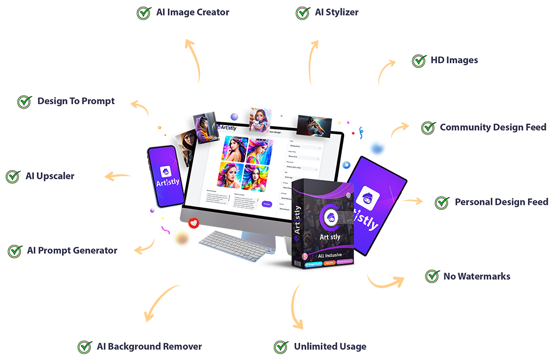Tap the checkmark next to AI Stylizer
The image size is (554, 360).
(x=302, y=13)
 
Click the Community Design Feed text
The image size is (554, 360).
(x=493, y=127)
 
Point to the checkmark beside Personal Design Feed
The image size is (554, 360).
(x=442, y=202)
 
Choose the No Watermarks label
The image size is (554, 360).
(x=476, y=276)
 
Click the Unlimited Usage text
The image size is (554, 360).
(x=330, y=347)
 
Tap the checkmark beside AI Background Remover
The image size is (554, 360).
(x=85, y=347)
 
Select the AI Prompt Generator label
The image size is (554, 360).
(x=72, y=250)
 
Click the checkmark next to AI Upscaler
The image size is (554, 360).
(x=13, y=176)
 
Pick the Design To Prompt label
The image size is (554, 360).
(x=76, y=101)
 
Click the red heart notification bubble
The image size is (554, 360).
(x=193, y=223)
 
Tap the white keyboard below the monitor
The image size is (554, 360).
(x=233, y=243)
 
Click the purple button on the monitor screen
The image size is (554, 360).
(x=266, y=204)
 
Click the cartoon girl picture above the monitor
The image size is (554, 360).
(x=259, y=119)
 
